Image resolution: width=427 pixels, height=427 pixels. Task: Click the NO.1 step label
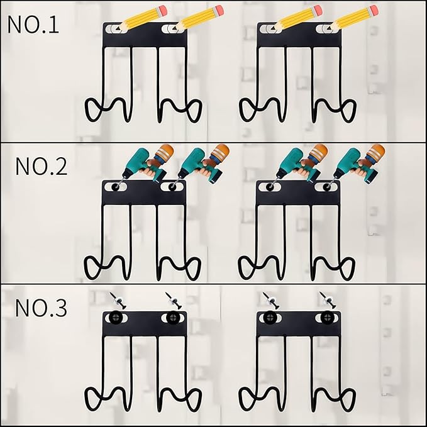[x=33, y=25]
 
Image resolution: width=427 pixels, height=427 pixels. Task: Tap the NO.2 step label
[x=42, y=167]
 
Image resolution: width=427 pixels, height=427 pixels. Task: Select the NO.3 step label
[x=41, y=308]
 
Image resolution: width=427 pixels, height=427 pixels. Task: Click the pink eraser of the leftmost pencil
[x=162, y=10]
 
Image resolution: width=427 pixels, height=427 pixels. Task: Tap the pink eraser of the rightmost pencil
[x=373, y=10]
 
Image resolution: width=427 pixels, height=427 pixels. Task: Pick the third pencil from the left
[x=297, y=18]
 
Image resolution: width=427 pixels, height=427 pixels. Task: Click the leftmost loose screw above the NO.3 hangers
[x=118, y=301]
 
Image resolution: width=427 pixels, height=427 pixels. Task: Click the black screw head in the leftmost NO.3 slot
[x=116, y=317]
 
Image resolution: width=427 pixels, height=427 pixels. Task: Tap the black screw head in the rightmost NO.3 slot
[x=326, y=317]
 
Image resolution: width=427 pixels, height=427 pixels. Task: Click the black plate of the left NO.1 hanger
[x=145, y=35]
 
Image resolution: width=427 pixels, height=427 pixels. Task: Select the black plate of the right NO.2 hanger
[x=299, y=193]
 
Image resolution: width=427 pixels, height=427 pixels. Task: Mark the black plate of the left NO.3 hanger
[x=145, y=324]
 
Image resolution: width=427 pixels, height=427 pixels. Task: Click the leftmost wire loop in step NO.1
[x=92, y=110]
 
